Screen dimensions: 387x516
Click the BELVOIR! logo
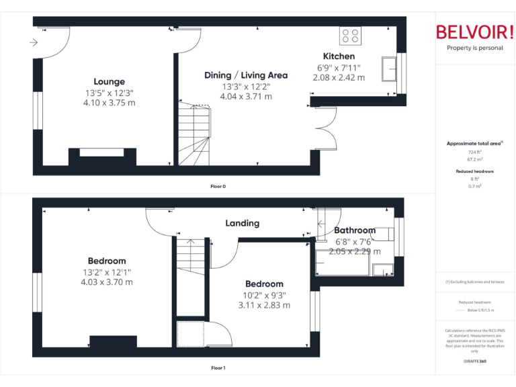point(474,32)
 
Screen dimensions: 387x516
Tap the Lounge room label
point(109,82)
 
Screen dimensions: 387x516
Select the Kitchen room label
point(339,56)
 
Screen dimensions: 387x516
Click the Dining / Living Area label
point(246,75)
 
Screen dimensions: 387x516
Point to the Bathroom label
point(355,230)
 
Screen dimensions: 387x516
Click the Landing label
point(242,223)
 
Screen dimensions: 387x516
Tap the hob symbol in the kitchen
point(350,36)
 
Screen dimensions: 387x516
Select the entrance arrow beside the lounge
point(34,43)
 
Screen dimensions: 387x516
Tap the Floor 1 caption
point(218,368)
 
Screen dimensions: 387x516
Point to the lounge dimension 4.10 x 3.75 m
point(109,103)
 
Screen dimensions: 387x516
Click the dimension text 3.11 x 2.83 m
point(263,305)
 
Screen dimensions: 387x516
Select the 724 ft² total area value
point(474,153)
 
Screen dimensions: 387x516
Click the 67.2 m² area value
point(474,161)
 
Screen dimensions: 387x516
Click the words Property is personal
point(474,48)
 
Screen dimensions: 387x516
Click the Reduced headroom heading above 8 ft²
point(474,171)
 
